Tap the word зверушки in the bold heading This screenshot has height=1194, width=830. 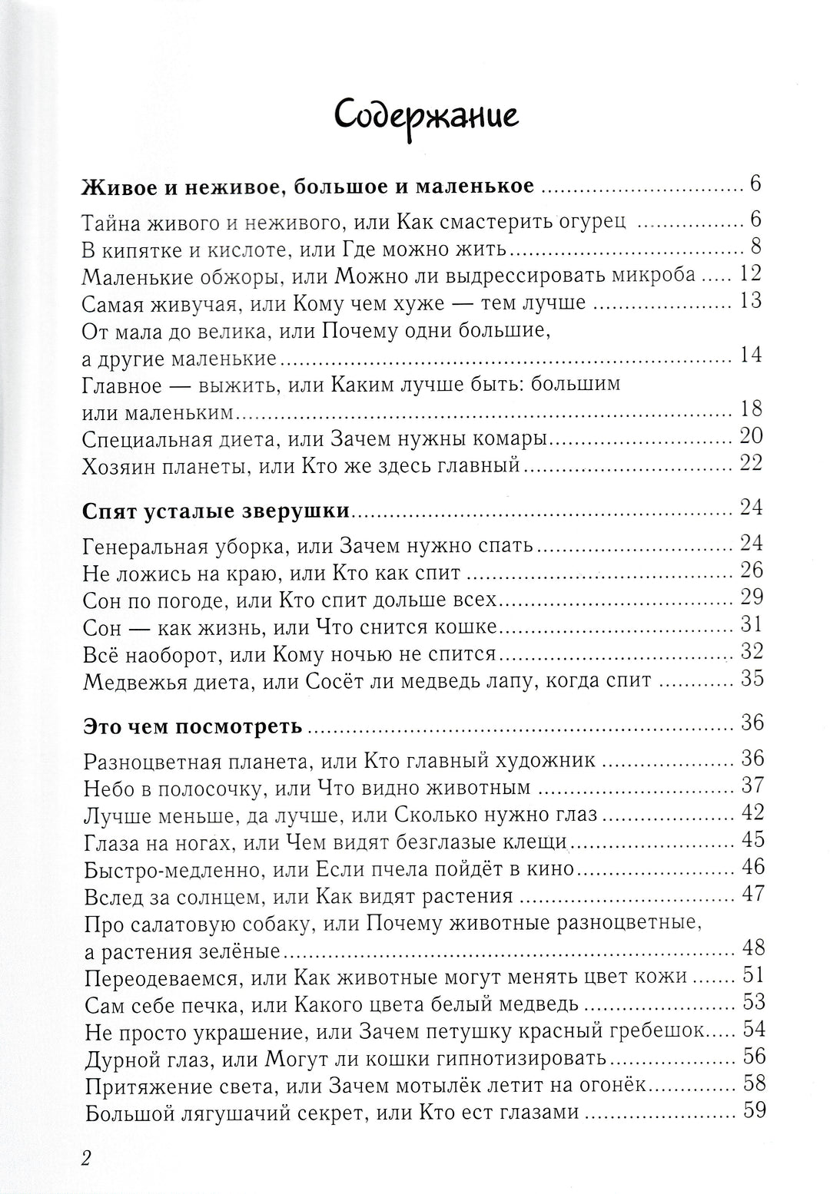(x=279, y=510)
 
